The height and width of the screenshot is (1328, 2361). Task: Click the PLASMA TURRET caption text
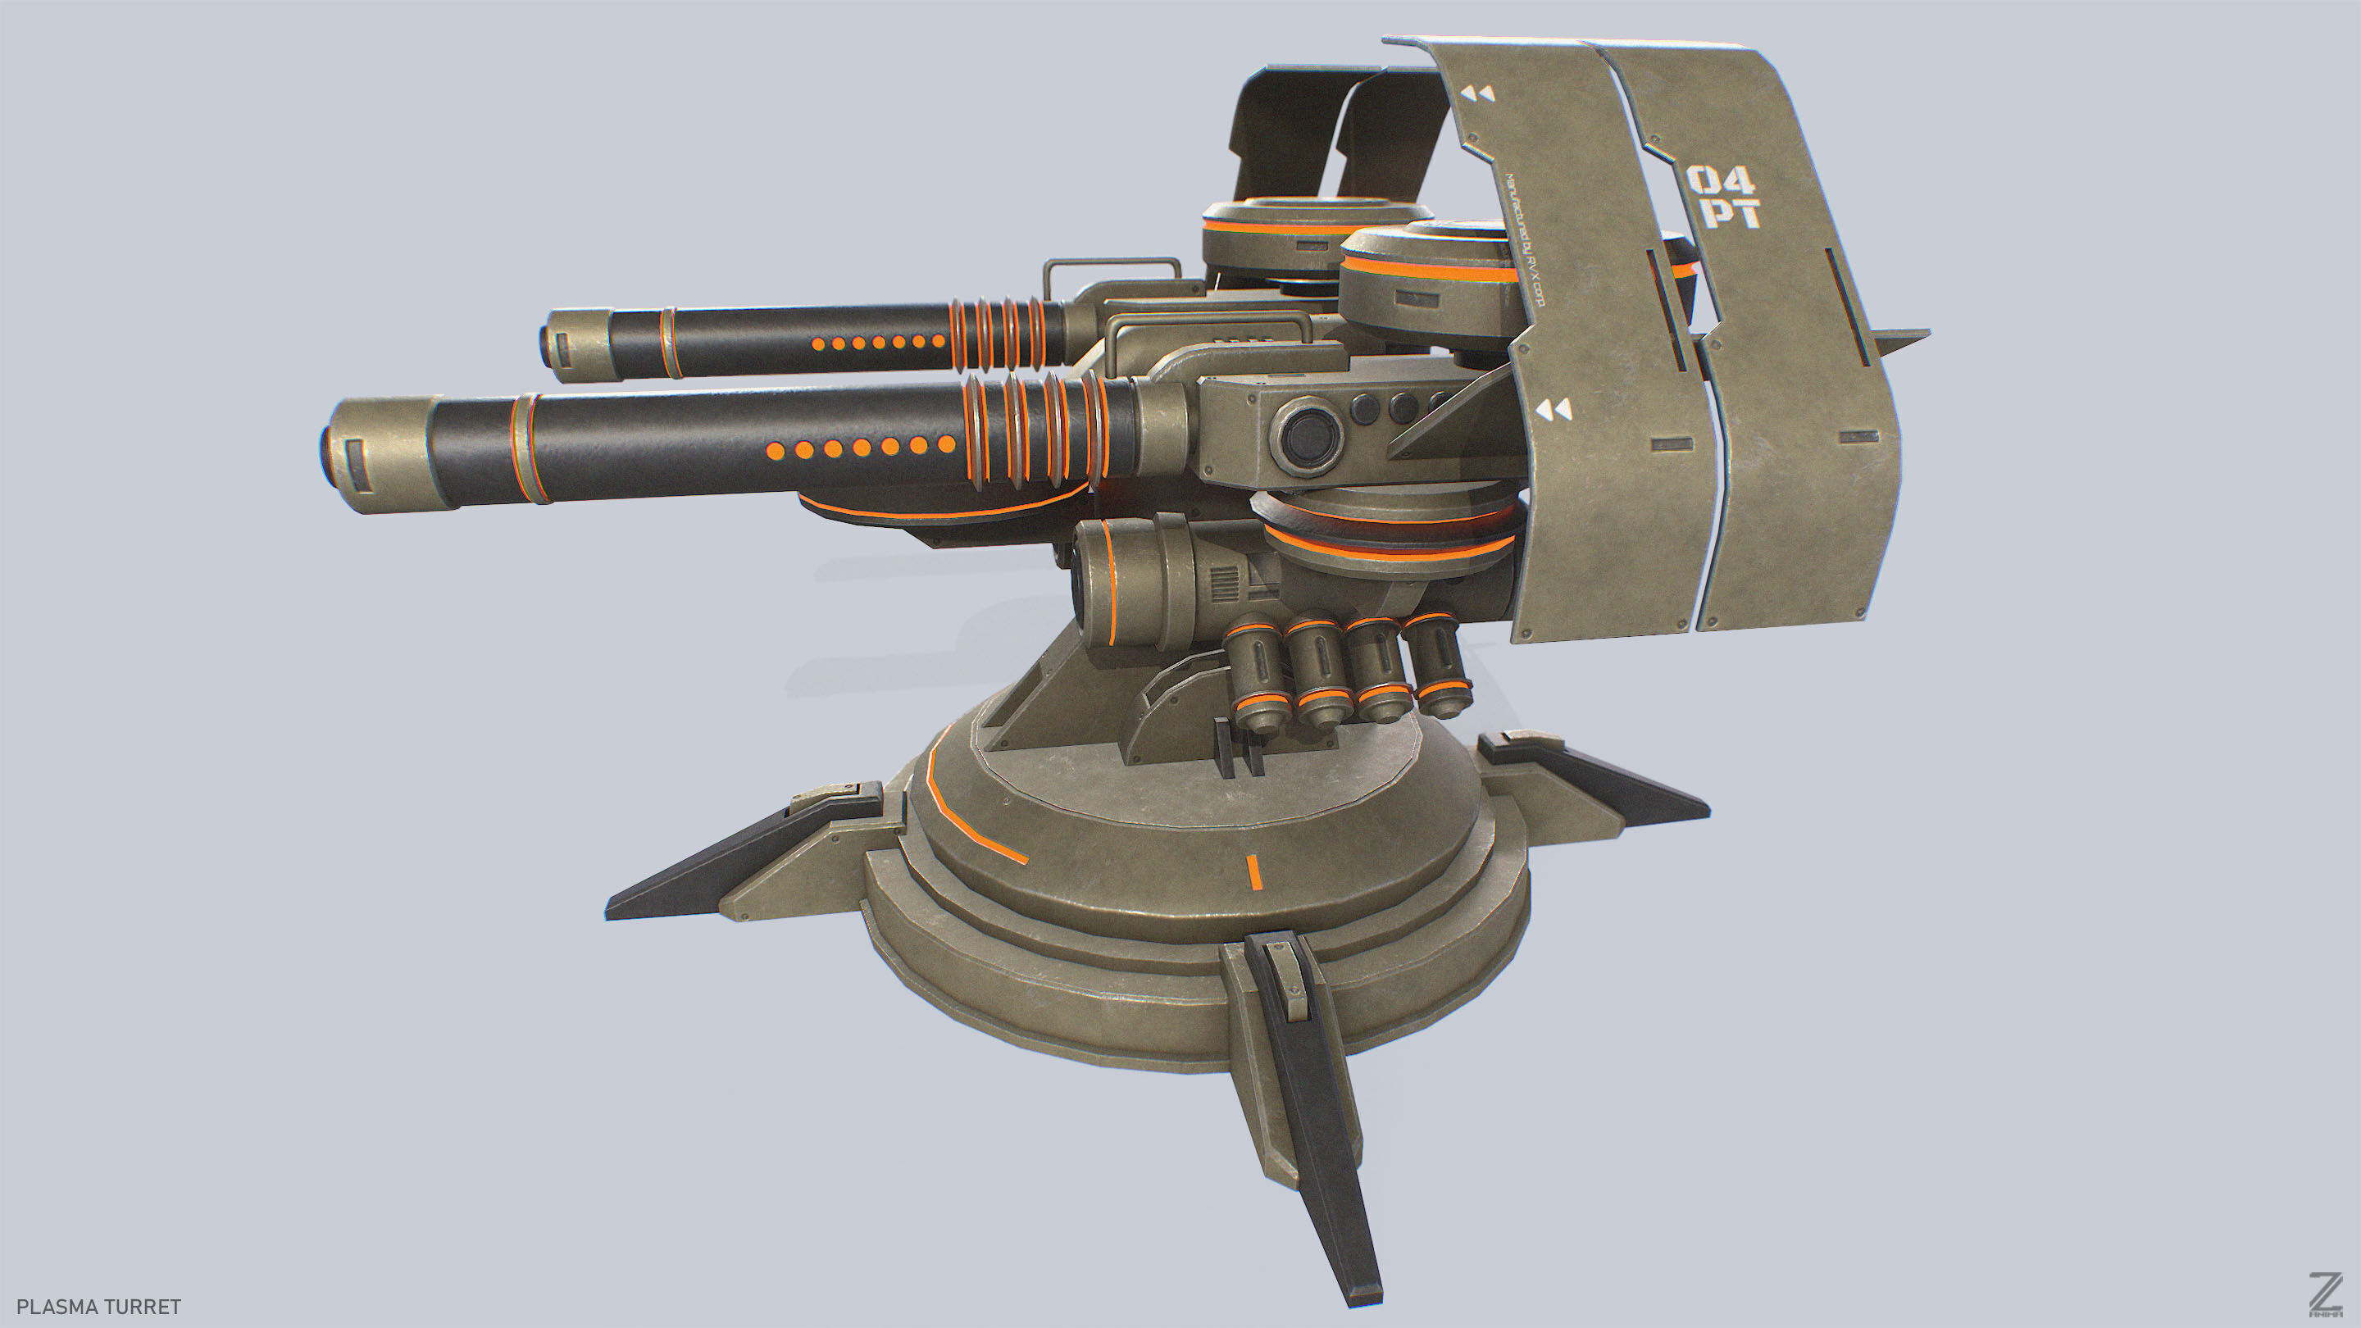(x=98, y=1306)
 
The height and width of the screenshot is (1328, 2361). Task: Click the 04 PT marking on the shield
(x=1724, y=196)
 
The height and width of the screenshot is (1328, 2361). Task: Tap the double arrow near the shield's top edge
(x=1477, y=93)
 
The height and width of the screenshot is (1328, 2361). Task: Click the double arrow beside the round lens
(x=1554, y=410)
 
